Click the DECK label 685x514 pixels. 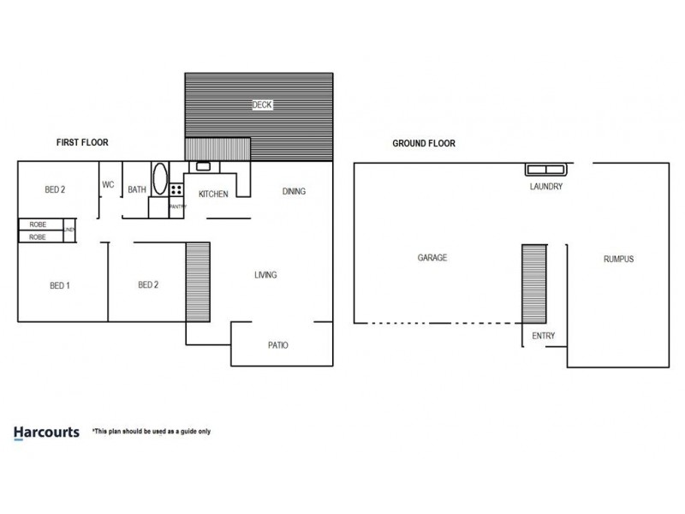point(262,105)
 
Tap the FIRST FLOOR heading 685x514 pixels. point(82,142)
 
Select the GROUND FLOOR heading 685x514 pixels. point(424,143)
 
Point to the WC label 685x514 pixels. point(109,184)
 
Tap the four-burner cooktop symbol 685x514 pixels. point(176,190)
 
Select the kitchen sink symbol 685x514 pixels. point(204,166)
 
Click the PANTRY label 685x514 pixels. point(178,206)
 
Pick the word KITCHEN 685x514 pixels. point(213,194)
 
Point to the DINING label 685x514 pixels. point(294,191)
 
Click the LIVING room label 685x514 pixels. point(265,275)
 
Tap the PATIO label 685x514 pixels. point(278,345)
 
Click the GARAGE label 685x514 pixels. point(432,257)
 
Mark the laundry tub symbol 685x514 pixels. point(545,169)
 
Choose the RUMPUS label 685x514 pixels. point(618,259)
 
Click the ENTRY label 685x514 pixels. point(544,336)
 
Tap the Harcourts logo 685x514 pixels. point(47,432)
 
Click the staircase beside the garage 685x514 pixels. point(533,283)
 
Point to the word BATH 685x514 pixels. point(137,190)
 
